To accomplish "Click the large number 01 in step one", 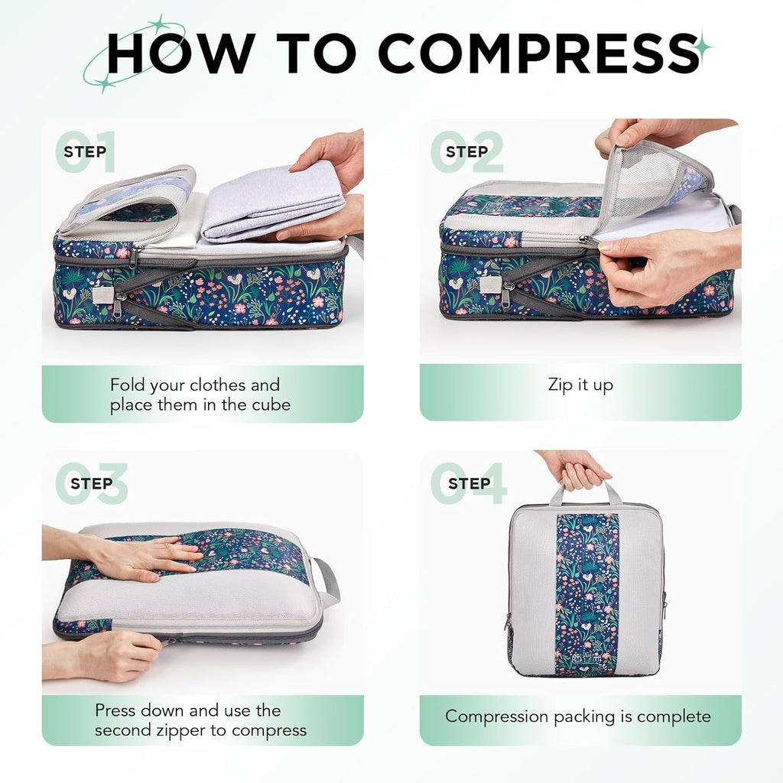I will pos(86,151).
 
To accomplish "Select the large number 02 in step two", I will pos(467,151).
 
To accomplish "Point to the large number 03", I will pos(91,483).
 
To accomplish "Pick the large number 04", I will pos(469,483).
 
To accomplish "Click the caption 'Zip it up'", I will pos(580,385).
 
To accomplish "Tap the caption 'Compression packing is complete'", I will pos(578,716).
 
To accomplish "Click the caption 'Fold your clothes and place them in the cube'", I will pos(200,395).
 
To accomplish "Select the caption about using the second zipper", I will pos(200,720).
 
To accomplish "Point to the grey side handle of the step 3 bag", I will pos(327,581).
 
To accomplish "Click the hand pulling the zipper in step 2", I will pos(665,264).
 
